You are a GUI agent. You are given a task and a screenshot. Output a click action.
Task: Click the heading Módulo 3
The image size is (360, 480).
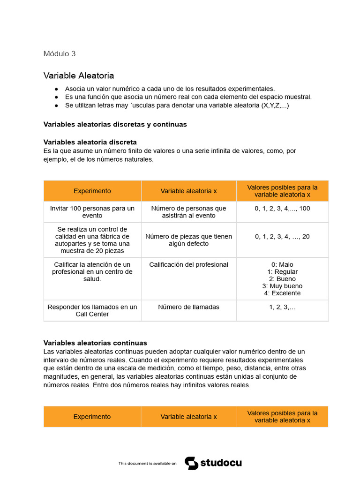coord(60,53)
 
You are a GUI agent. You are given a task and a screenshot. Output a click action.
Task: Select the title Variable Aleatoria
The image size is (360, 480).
coord(79,75)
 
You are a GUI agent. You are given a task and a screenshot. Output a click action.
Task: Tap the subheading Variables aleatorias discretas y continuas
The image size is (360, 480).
coord(115,124)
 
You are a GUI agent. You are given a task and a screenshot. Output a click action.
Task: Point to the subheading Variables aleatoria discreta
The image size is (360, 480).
coord(90,142)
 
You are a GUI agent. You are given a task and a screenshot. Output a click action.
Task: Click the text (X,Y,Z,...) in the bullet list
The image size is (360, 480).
coord(275,105)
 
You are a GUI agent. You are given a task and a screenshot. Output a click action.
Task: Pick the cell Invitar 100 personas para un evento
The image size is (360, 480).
coord(92,212)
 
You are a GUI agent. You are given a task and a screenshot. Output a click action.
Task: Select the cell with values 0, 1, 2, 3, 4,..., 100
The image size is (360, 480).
coord(282,209)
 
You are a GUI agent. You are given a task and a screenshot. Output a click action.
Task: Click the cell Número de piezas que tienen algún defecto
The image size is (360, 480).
coord(188,240)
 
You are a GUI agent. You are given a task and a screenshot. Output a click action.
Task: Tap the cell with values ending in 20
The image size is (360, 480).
coord(282,237)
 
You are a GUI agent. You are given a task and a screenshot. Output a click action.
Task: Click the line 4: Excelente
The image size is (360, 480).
coord(282,293)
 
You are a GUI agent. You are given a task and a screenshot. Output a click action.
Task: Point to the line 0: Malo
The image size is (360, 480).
coord(282,265)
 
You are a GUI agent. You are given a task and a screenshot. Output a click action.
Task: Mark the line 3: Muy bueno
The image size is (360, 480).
coord(282,286)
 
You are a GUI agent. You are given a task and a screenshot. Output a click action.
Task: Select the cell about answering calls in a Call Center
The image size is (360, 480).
coord(92,310)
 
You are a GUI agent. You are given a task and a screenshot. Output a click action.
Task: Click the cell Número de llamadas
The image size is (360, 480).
coord(188,307)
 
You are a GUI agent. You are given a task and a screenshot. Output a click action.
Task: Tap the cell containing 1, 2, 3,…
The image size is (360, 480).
coord(282,307)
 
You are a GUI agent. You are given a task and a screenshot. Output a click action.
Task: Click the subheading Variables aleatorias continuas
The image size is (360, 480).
coord(95,343)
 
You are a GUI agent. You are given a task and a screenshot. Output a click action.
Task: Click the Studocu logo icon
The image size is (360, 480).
coord(191,463)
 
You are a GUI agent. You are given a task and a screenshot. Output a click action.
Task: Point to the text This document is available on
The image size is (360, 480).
coord(147,464)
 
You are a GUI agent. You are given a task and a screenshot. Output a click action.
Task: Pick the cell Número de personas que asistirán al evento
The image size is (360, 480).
coord(188,212)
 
